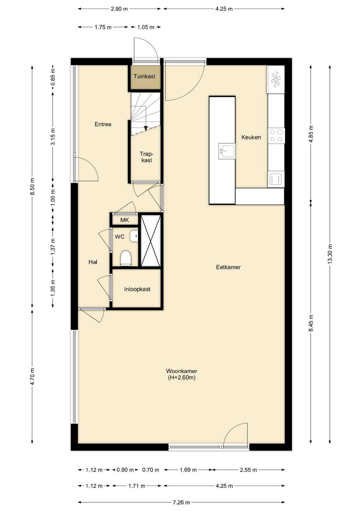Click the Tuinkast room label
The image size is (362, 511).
144,76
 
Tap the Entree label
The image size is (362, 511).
103,124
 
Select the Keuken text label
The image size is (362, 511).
251,137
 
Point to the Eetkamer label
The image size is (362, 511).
228,267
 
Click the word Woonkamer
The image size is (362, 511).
182,371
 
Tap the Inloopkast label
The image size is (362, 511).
137,289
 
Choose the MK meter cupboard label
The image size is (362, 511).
124,220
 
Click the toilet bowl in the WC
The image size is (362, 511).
126,259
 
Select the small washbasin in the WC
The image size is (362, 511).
134,236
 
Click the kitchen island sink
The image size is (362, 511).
226,151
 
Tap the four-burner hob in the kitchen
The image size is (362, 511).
276,136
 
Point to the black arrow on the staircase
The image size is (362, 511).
146,129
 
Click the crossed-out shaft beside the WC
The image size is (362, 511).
150,240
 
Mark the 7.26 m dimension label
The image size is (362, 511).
181,502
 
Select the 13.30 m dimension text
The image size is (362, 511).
330,254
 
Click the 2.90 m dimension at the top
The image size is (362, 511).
119,9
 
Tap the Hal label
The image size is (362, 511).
93,262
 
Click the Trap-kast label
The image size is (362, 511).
146,157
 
